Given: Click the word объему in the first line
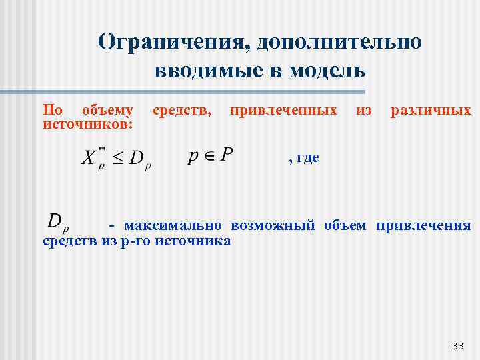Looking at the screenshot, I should pos(107,109).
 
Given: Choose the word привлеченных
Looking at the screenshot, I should pos(283,109).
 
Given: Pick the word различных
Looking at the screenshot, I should pos(431,109).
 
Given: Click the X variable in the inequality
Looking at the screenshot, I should pos(89,158).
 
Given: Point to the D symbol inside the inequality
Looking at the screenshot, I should pos(137,159).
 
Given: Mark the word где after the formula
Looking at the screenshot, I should pos(307,157).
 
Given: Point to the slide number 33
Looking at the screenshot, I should pos(457,345).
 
